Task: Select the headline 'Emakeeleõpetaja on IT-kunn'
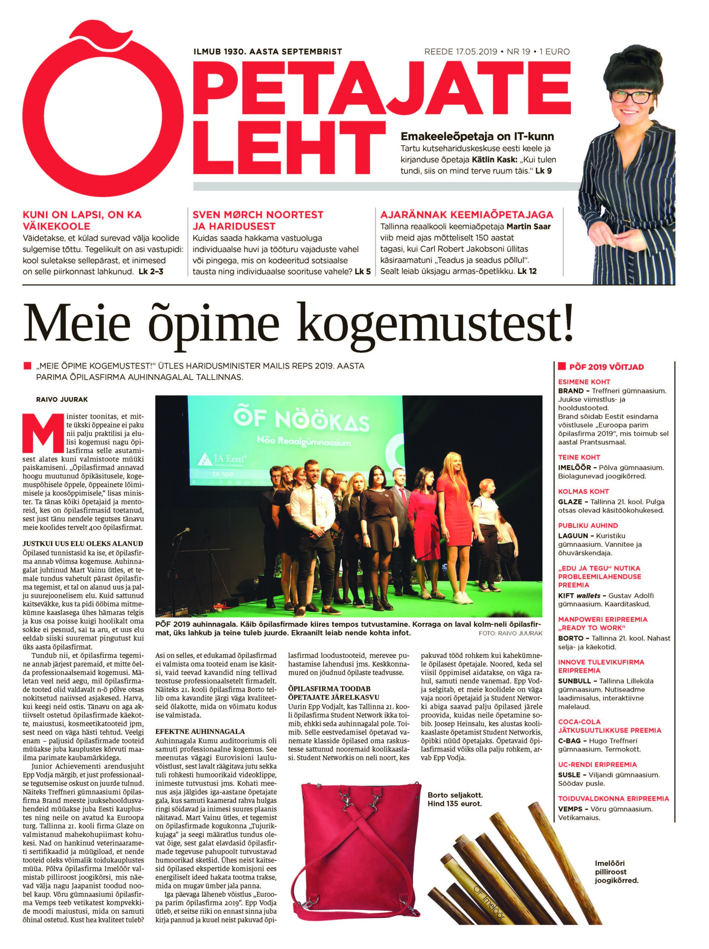coord(477,137)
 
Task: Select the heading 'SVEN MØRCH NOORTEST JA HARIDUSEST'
coord(257,220)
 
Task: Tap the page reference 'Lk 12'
coord(527,271)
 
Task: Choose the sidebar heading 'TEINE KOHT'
coord(579,457)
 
